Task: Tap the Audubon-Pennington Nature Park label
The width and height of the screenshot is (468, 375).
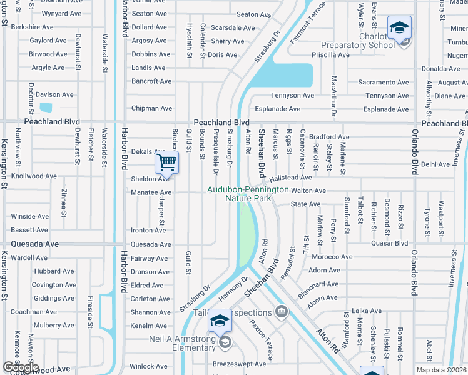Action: (248, 194)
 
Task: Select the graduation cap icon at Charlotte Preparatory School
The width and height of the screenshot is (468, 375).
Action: (399, 29)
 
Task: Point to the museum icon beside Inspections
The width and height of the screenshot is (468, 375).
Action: (282, 311)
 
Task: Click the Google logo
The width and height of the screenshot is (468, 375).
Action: (20, 367)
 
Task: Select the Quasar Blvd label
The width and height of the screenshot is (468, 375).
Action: (389, 243)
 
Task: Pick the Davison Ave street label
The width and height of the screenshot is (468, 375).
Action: (55, 94)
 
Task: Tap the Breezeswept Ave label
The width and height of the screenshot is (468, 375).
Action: (240, 364)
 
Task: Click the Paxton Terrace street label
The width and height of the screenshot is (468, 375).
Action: (262, 340)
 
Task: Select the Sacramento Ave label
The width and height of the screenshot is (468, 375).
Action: (383, 82)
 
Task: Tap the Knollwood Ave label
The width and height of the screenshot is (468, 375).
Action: (34, 176)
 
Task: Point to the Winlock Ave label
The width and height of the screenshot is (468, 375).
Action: (149, 366)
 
